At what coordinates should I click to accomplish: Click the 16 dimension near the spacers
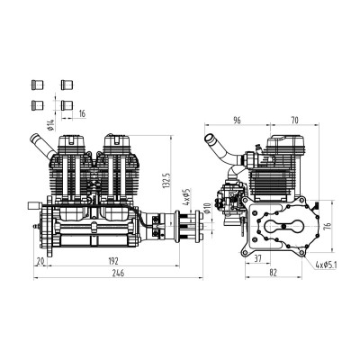[83, 114]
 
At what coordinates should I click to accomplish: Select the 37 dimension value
[256, 258]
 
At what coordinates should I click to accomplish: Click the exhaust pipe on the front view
[38, 142]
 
